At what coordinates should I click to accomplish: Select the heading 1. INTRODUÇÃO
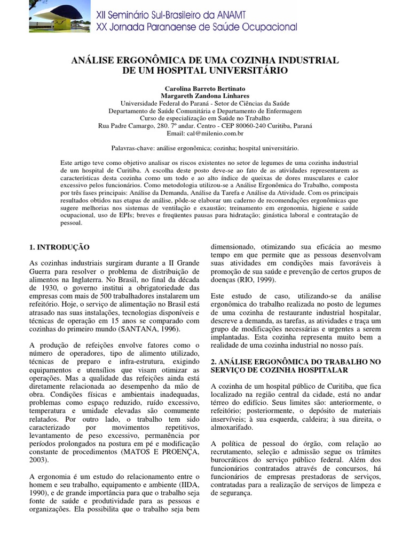pos(59,247)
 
